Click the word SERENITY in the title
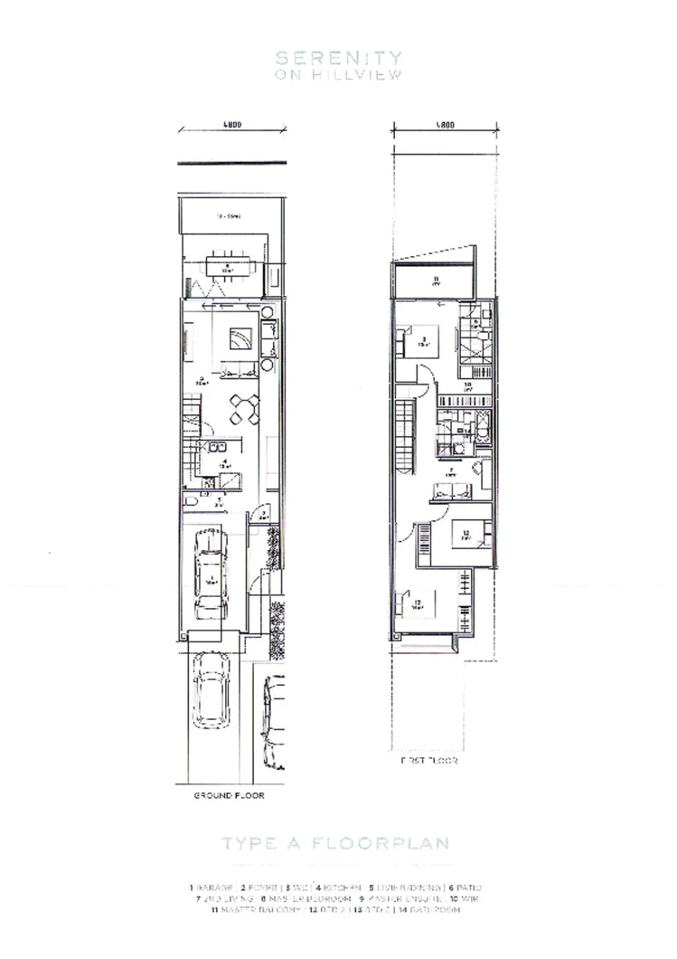tap(338, 58)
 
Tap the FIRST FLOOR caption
tap(429, 762)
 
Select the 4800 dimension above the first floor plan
tap(443, 126)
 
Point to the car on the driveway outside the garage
tap(210, 691)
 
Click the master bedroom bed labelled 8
tap(423, 342)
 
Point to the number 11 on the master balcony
tap(435, 278)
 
